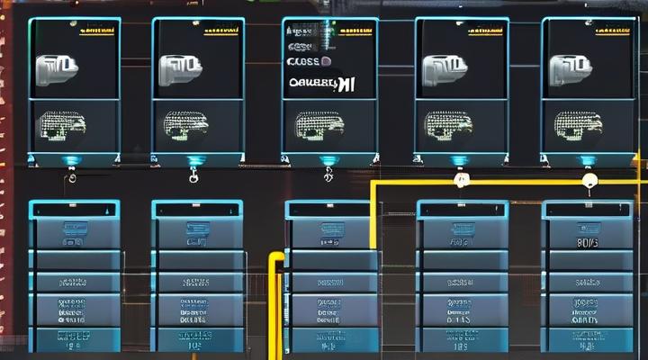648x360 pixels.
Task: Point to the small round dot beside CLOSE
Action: tap(326, 62)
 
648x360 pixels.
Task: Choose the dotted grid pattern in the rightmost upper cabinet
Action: tap(576, 123)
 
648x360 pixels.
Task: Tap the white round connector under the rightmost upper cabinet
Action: tap(589, 180)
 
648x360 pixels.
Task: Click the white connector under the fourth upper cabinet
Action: tap(461, 180)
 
